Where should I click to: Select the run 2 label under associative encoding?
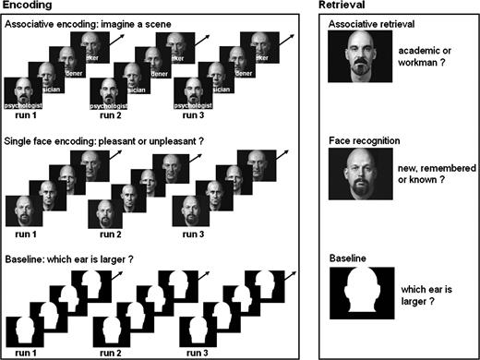click(x=110, y=117)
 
